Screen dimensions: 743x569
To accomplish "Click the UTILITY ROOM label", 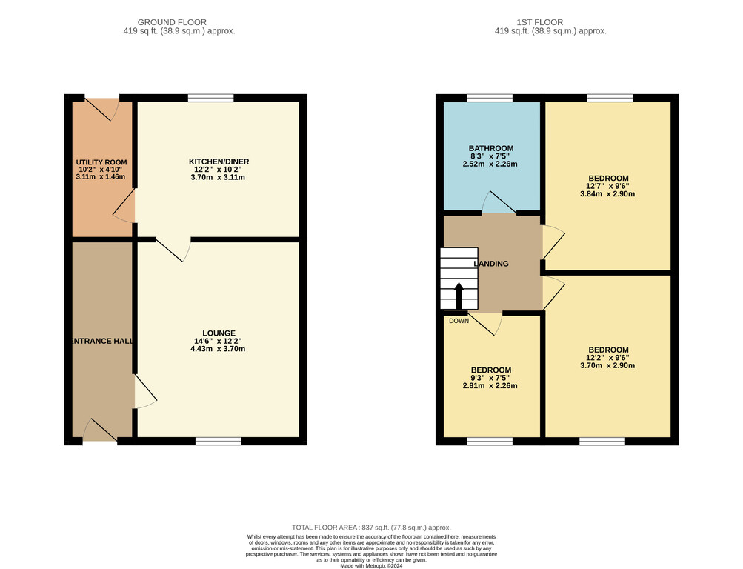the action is click(x=101, y=162).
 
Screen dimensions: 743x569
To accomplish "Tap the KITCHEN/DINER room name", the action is click(x=219, y=162).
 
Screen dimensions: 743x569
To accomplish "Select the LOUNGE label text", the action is click(x=219, y=333).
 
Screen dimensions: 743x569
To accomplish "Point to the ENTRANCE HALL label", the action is click(x=101, y=341).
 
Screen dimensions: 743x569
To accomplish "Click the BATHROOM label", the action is click(x=491, y=148).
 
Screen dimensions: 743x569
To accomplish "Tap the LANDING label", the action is click(x=491, y=264).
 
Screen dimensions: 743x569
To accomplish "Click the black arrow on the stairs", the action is click(x=459, y=296).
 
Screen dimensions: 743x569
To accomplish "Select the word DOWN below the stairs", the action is click(x=459, y=321).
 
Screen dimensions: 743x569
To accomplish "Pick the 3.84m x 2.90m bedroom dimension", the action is click(x=607, y=194).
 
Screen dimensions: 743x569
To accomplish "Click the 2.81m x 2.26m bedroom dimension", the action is click(x=490, y=386).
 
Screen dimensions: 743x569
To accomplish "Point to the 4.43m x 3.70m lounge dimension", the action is click(x=218, y=349).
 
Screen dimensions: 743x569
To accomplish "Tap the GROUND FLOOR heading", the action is click(x=172, y=22).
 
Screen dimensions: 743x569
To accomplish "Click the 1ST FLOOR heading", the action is click(x=540, y=22).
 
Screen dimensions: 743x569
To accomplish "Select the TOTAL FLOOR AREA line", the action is click(x=372, y=528).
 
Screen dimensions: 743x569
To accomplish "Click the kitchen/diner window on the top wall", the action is click(x=211, y=98).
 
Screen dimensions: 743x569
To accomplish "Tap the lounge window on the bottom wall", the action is click(x=219, y=442).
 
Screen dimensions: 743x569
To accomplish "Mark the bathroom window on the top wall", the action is click(x=490, y=98).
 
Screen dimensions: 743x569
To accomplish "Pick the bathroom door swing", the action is click(x=499, y=203).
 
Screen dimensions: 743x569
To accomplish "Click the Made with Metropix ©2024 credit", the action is click(x=372, y=566).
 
